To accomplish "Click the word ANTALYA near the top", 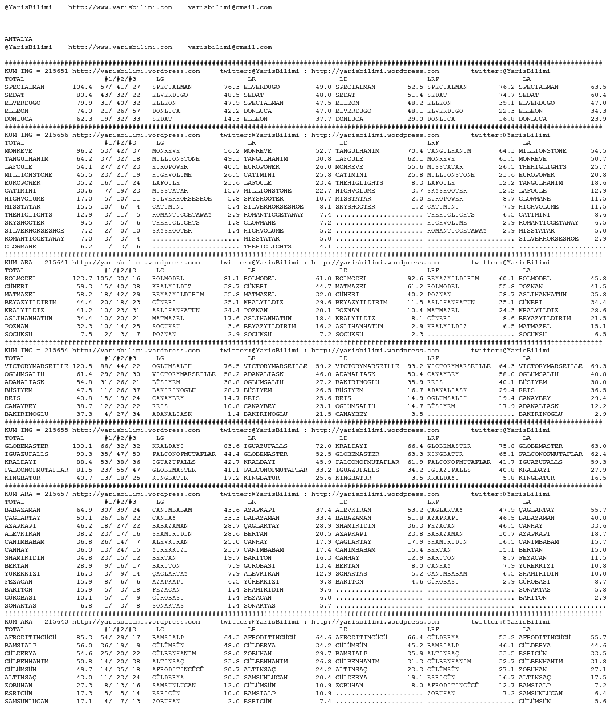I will tap(19, 39).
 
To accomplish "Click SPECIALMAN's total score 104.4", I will tap(82, 87).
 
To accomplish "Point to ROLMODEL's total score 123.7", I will tap(82, 279).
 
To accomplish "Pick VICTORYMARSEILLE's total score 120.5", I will tap(82, 366).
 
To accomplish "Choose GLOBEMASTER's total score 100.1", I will tap(82, 446).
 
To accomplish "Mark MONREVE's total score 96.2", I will tap(84, 151).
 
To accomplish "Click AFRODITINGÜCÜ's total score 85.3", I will tap(84, 638).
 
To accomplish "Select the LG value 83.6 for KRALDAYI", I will tap(232, 446).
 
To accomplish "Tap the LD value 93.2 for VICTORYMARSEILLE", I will tap(415, 366).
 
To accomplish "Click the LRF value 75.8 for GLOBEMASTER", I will tap(507, 446).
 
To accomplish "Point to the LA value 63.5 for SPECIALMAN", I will tap(598, 87).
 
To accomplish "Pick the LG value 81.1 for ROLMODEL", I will tap(232, 279).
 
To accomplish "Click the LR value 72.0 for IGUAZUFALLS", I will tap(323, 446).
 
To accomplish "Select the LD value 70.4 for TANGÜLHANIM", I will tap(415, 151).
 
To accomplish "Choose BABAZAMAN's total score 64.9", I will tap(84, 510).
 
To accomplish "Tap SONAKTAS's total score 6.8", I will tap(86, 606).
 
